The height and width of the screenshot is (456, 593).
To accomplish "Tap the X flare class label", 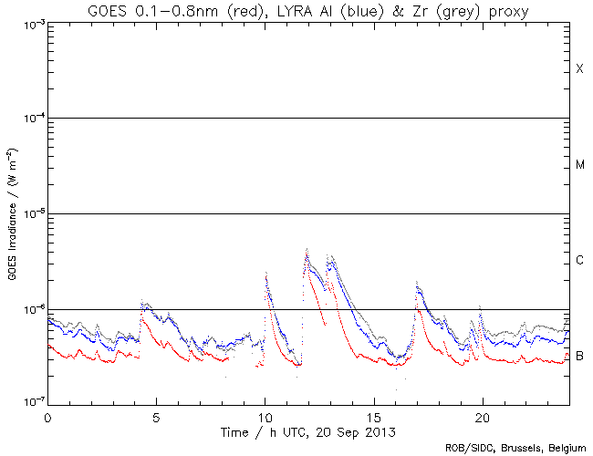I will coord(579,70).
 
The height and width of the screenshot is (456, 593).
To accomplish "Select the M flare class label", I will coord(579,165).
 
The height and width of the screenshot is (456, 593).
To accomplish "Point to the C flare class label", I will coord(579,261).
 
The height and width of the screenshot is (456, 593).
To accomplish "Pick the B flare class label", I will coord(579,356).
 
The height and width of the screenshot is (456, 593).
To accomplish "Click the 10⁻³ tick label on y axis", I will coord(30,24).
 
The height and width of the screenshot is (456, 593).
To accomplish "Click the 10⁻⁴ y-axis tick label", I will coord(30,119).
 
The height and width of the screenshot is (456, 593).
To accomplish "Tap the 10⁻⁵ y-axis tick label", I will coord(30,214).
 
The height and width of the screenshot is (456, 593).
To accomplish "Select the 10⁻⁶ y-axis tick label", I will coord(30,310).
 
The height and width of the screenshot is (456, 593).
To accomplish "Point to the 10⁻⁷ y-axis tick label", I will coord(30,403).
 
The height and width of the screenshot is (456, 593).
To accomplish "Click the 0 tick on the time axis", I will coord(47,415).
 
